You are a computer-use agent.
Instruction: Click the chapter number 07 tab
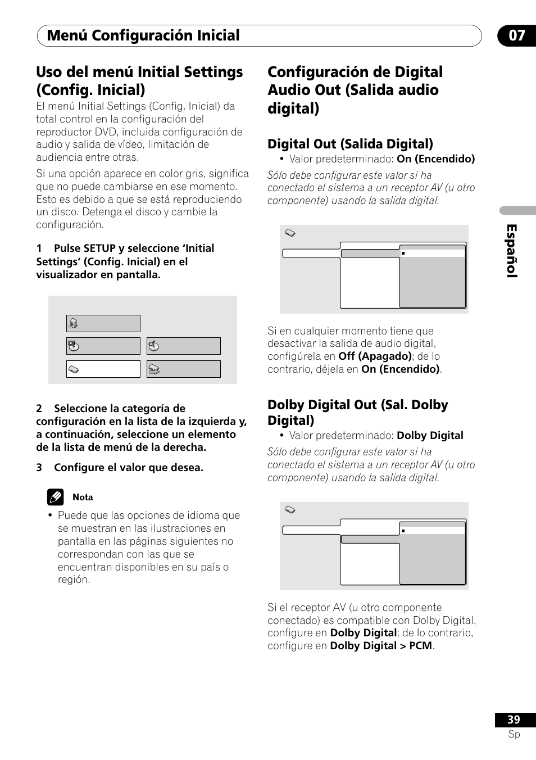tap(517, 35)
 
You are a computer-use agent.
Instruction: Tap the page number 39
tap(514, 720)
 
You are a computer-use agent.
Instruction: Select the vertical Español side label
tap(511, 251)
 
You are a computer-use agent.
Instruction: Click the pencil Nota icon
tap(55, 497)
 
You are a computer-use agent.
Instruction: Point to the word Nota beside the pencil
tap(83, 497)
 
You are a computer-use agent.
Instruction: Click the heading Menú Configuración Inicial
tap(143, 35)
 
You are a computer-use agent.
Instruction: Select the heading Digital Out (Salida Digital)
tap(350, 144)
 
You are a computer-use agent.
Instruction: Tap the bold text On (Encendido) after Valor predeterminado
tap(435, 159)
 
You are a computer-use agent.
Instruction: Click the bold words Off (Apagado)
tap(375, 356)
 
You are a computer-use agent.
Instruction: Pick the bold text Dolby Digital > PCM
tap(381, 646)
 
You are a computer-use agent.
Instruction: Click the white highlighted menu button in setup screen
tap(103, 369)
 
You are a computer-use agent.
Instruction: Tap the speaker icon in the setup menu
tap(73, 323)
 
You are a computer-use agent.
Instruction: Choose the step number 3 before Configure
tap(39, 468)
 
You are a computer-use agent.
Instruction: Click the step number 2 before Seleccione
tap(39, 409)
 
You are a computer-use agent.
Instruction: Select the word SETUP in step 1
tap(99, 248)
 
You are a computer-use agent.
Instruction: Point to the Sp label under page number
tap(514, 734)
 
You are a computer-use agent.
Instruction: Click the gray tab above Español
tap(517, 210)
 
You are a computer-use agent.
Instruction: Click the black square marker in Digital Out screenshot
tap(403, 253)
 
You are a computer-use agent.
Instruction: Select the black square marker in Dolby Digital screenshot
tap(403, 531)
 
